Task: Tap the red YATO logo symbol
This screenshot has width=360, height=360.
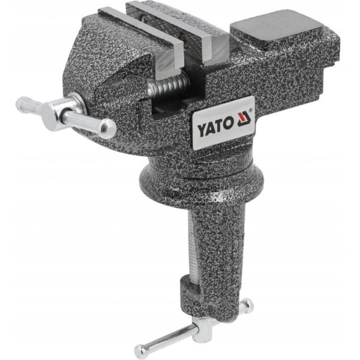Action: pos(244,119)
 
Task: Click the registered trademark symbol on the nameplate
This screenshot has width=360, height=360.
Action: pos(251,110)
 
